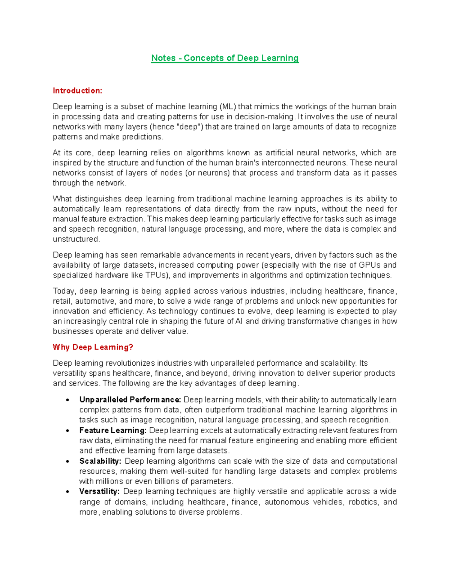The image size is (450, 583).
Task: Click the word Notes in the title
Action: coord(163,58)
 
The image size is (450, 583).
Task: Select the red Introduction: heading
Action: coord(77,90)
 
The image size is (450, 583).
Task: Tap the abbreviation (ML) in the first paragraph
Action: coord(228,107)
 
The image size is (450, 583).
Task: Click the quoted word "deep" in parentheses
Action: coord(189,127)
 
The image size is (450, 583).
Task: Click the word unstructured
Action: coord(76,239)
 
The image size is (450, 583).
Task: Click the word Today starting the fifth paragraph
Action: coord(64,291)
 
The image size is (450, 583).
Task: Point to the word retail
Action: coord(62,301)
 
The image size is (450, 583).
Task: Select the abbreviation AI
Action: coord(239,321)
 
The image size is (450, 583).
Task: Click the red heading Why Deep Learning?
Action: coord(93,347)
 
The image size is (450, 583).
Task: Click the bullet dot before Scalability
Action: coord(67,462)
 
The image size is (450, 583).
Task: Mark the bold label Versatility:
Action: coord(99,492)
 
